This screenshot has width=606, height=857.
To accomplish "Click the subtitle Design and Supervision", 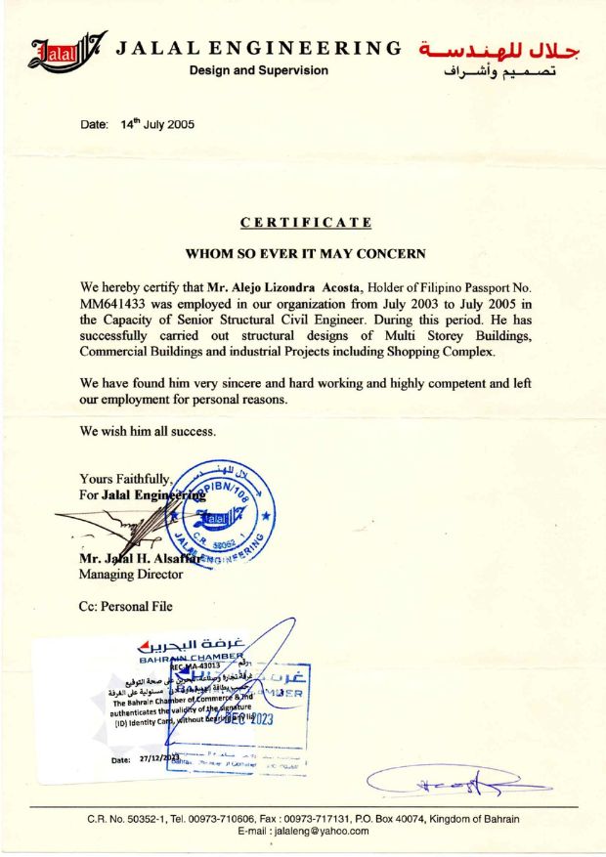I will click(259, 71).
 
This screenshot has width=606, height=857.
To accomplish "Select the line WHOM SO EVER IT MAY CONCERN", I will click(306, 254).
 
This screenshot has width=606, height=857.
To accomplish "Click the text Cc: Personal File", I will click(125, 606).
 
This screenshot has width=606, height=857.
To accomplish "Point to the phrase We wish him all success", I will click(148, 430).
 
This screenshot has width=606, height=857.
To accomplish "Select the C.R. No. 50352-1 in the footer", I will click(130, 817).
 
